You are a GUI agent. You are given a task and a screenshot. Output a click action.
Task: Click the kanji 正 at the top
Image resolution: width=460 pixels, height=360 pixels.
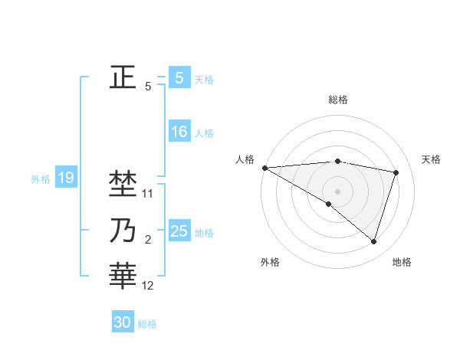point(123,77)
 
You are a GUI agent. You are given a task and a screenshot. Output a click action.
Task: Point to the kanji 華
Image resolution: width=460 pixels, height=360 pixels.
point(123,276)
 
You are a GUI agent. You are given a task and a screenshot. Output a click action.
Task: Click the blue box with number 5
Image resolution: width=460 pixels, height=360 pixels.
point(179,77)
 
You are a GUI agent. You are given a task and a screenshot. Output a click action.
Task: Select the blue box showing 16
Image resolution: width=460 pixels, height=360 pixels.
point(179,132)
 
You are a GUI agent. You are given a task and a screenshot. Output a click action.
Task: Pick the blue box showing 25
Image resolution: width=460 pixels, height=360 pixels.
point(179,231)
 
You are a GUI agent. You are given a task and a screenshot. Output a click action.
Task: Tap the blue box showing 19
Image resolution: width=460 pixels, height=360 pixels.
point(65,178)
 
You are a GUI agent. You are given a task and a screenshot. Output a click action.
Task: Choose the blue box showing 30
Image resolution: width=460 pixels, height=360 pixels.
point(123,322)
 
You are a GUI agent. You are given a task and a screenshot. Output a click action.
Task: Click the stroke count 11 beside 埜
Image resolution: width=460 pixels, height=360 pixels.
point(148,194)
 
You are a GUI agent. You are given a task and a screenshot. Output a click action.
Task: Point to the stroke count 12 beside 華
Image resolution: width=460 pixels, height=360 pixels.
point(148,286)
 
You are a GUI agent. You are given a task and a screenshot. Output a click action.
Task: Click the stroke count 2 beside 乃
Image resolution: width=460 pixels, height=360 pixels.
point(148,240)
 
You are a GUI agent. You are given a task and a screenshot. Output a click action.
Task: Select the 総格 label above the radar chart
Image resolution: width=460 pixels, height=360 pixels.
point(337,100)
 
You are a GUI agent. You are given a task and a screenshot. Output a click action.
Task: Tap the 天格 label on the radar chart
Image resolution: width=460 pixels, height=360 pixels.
point(431,159)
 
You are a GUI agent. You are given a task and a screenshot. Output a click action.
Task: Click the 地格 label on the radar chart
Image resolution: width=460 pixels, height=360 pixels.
point(402,262)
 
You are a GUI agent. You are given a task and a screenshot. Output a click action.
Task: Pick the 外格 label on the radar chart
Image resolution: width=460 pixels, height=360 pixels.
point(270,262)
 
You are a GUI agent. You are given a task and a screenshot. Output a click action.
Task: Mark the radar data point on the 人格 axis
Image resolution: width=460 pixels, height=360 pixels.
point(264,167)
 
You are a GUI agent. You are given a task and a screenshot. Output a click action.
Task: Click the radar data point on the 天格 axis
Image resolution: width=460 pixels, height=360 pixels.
point(396,172)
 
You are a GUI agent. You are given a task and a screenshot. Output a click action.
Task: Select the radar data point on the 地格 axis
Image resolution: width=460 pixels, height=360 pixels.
point(373,241)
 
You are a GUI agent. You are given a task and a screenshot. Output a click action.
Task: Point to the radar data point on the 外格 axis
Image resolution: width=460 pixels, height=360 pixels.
point(329,204)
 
